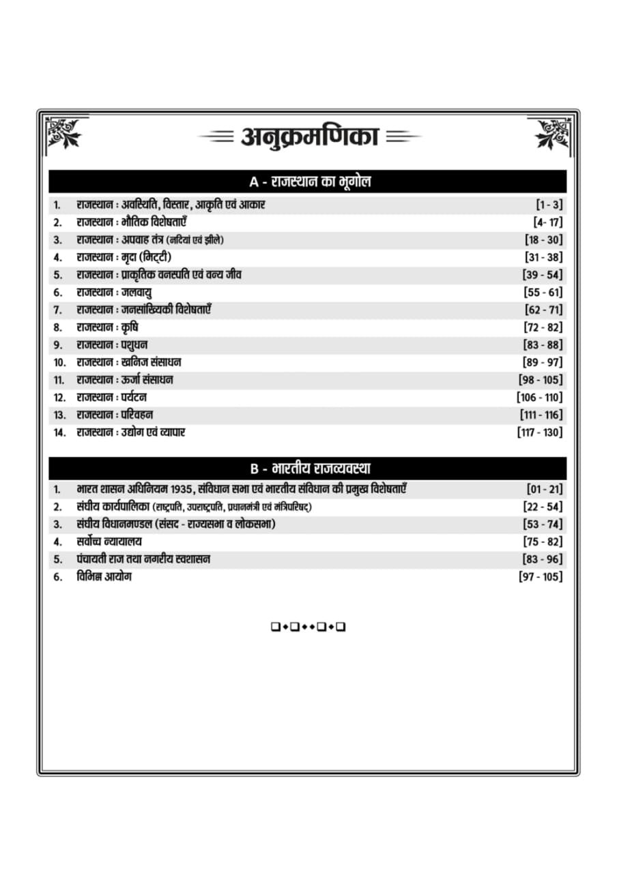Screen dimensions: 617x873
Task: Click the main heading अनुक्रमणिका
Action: [x=309, y=136]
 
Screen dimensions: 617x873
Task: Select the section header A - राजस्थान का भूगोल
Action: [x=310, y=182]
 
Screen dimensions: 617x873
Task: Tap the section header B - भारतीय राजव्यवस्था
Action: [x=310, y=469]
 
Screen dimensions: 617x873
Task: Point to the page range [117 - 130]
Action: [x=540, y=432]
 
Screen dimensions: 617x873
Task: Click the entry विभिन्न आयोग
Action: [x=104, y=577]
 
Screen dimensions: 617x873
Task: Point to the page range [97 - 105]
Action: [x=541, y=577]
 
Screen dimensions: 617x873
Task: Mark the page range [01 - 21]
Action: [x=545, y=490]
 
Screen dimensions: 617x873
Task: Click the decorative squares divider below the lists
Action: [x=308, y=627]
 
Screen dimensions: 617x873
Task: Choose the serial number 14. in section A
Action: [x=60, y=432]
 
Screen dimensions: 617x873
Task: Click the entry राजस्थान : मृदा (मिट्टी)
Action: [x=124, y=257]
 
